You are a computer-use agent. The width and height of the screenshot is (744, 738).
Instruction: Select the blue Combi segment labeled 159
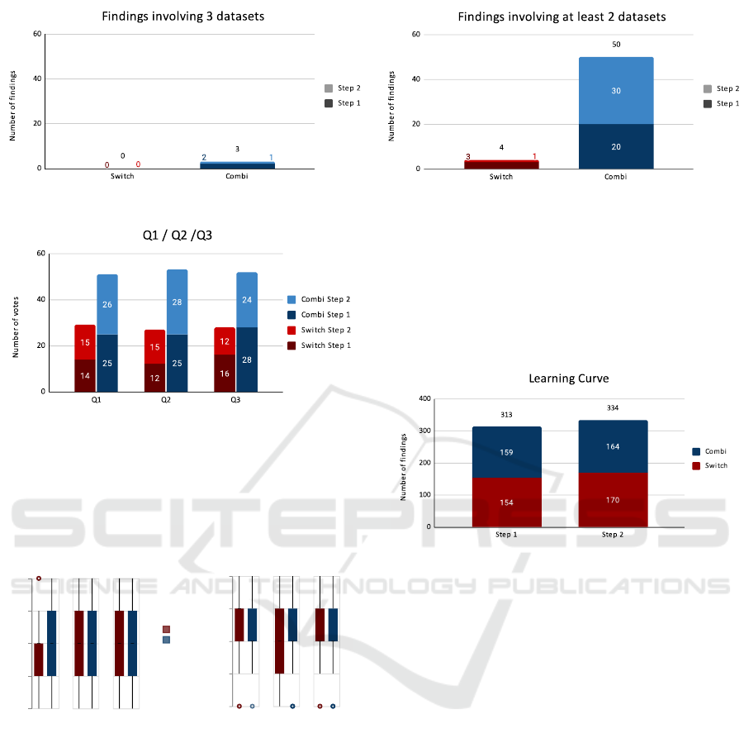pyautogui.click(x=507, y=452)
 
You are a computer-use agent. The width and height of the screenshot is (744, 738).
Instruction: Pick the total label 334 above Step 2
pyautogui.click(x=613, y=407)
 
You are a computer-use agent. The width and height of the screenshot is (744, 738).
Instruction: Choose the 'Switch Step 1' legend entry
pyautogui.click(x=320, y=345)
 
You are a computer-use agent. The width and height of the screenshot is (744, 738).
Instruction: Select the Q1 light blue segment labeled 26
pyautogui.click(x=107, y=304)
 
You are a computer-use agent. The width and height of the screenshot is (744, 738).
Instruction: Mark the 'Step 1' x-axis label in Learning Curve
pyautogui.click(x=507, y=535)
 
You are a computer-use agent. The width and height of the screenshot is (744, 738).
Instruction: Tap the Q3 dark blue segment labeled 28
pyautogui.click(x=247, y=359)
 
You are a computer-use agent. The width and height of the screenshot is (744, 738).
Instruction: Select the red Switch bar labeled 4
pyautogui.click(x=501, y=164)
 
